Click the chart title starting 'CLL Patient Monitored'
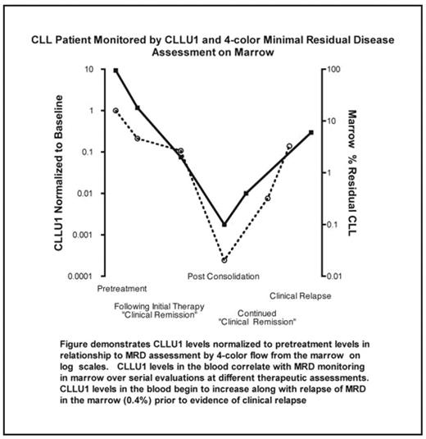click(212, 43)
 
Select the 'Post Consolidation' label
click(224, 276)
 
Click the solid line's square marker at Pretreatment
click(116, 71)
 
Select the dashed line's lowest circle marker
click(224, 260)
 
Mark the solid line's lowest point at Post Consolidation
click(224, 224)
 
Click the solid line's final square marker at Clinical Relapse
click(311, 132)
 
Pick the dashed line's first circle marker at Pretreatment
click(116, 110)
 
